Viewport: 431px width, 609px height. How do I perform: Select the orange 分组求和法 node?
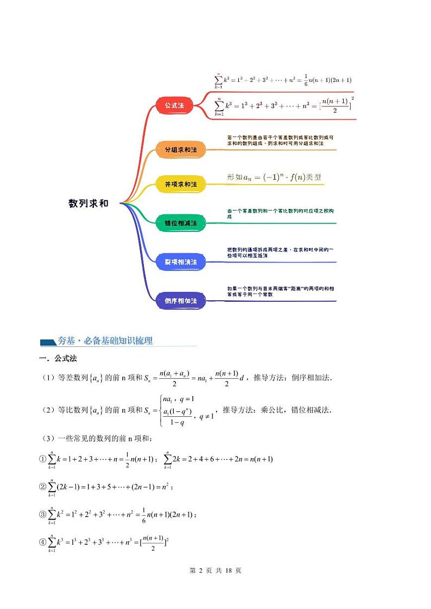pos(181,149)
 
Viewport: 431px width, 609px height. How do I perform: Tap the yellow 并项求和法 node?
pos(181,185)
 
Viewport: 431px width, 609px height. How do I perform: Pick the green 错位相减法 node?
pos(181,223)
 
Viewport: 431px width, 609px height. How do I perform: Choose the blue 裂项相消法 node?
pos(181,262)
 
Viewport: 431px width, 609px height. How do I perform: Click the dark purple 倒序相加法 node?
pos(181,300)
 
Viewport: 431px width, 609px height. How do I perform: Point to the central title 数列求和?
pos(88,204)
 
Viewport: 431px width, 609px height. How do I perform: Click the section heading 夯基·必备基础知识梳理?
pos(105,341)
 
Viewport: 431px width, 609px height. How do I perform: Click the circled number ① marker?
pos(43,459)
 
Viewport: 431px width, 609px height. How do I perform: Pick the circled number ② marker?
pos(43,487)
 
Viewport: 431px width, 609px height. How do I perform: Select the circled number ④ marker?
pos(43,542)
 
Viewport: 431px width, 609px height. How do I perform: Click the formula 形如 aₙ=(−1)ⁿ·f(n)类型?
pos(274,177)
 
